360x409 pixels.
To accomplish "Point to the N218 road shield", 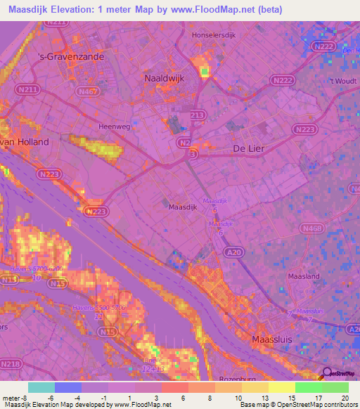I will (x=10, y=364).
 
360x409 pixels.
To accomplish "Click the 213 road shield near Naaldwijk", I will (x=198, y=115).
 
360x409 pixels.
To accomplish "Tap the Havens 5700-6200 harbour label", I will (x=37, y=269).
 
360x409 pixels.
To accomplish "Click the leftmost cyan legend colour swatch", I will (x=41, y=387).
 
